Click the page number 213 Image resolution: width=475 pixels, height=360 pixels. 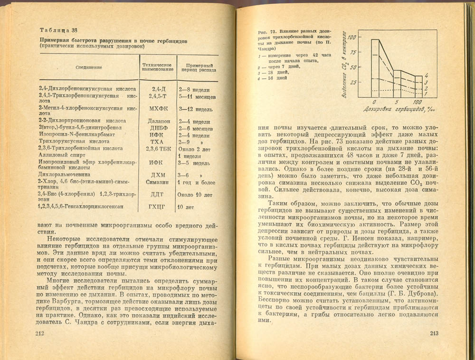[433, 333]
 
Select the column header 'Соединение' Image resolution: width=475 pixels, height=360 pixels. [89, 67]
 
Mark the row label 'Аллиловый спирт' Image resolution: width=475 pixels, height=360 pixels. [62, 155]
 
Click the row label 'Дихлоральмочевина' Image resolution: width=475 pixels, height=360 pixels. [66, 175]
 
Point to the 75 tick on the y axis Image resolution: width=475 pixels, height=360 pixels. [351, 53]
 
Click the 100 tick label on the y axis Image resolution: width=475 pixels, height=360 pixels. [351, 37]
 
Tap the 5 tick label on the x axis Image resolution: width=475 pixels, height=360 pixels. [396, 102]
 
